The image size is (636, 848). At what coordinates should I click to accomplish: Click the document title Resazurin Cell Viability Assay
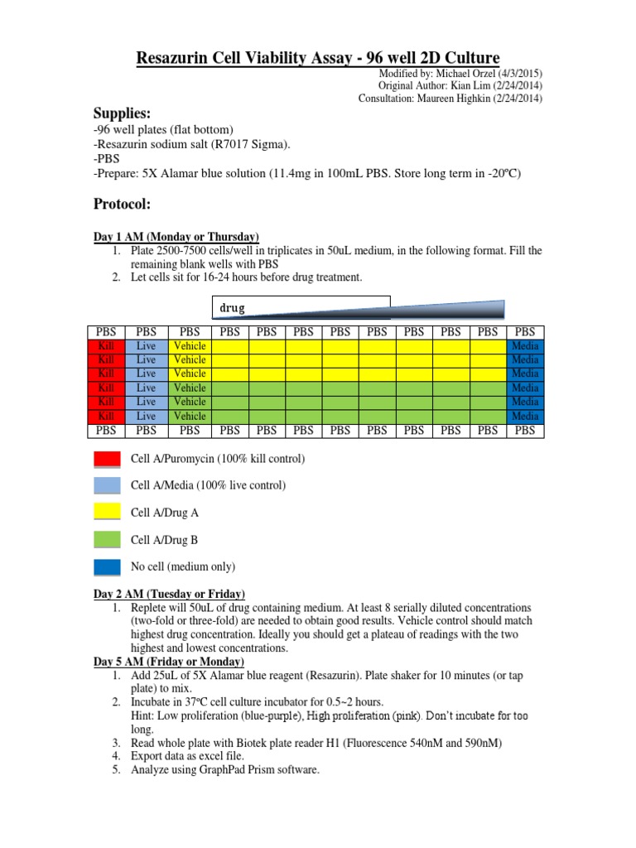point(317,57)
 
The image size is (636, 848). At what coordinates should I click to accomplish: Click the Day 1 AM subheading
point(176,237)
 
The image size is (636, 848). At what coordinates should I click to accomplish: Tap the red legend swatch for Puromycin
point(107,459)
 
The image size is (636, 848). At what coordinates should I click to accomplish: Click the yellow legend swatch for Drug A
point(107,513)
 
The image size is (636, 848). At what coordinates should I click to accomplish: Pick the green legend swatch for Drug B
point(107,540)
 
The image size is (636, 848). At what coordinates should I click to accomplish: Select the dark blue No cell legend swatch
point(107,567)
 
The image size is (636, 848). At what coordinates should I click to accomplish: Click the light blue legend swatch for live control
point(107,485)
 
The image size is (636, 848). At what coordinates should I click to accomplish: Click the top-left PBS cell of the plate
point(106,332)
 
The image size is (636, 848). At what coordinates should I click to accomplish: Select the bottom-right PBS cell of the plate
point(525,431)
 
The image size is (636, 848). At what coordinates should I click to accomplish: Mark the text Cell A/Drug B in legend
point(165,540)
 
